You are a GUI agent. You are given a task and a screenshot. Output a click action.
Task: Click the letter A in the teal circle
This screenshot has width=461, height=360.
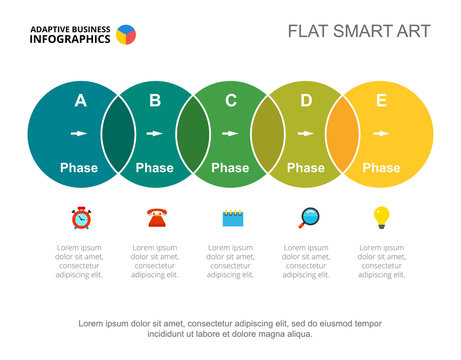(x=80, y=100)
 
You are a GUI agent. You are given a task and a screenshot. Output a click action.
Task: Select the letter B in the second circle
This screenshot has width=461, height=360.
(x=155, y=100)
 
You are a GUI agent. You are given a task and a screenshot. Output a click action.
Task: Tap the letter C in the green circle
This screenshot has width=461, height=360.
(x=231, y=100)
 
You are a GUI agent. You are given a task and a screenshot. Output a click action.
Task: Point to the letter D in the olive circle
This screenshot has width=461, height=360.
(x=306, y=100)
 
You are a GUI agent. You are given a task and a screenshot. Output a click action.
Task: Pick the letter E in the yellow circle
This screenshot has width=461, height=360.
(x=381, y=100)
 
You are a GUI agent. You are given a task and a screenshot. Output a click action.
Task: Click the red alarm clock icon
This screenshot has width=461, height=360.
(x=80, y=217)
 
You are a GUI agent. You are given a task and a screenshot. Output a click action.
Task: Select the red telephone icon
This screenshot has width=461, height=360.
(x=156, y=217)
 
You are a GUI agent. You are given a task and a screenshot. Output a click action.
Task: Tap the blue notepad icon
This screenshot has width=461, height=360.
(x=232, y=217)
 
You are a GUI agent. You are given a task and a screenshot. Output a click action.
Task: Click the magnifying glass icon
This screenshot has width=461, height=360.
(x=307, y=217)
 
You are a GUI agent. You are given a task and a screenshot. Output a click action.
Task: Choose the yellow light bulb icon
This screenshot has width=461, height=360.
(x=381, y=216)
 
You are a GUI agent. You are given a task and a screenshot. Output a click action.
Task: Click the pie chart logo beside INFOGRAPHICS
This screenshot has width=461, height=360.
(x=126, y=35)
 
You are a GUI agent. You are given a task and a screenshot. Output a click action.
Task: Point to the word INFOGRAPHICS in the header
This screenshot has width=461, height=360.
(x=69, y=41)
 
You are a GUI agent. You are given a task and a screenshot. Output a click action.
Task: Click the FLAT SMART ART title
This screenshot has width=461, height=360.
(x=359, y=31)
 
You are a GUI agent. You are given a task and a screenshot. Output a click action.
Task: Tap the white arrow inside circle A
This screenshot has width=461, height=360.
(x=79, y=133)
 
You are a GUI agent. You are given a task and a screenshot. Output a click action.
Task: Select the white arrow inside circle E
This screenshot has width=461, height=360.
(x=381, y=133)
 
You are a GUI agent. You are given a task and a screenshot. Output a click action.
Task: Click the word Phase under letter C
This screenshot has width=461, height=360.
(x=230, y=168)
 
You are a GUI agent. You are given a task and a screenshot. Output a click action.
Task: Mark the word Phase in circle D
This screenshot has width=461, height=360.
(x=306, y=168)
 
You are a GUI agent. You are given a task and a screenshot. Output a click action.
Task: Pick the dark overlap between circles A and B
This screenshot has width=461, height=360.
(x=117, y=134)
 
